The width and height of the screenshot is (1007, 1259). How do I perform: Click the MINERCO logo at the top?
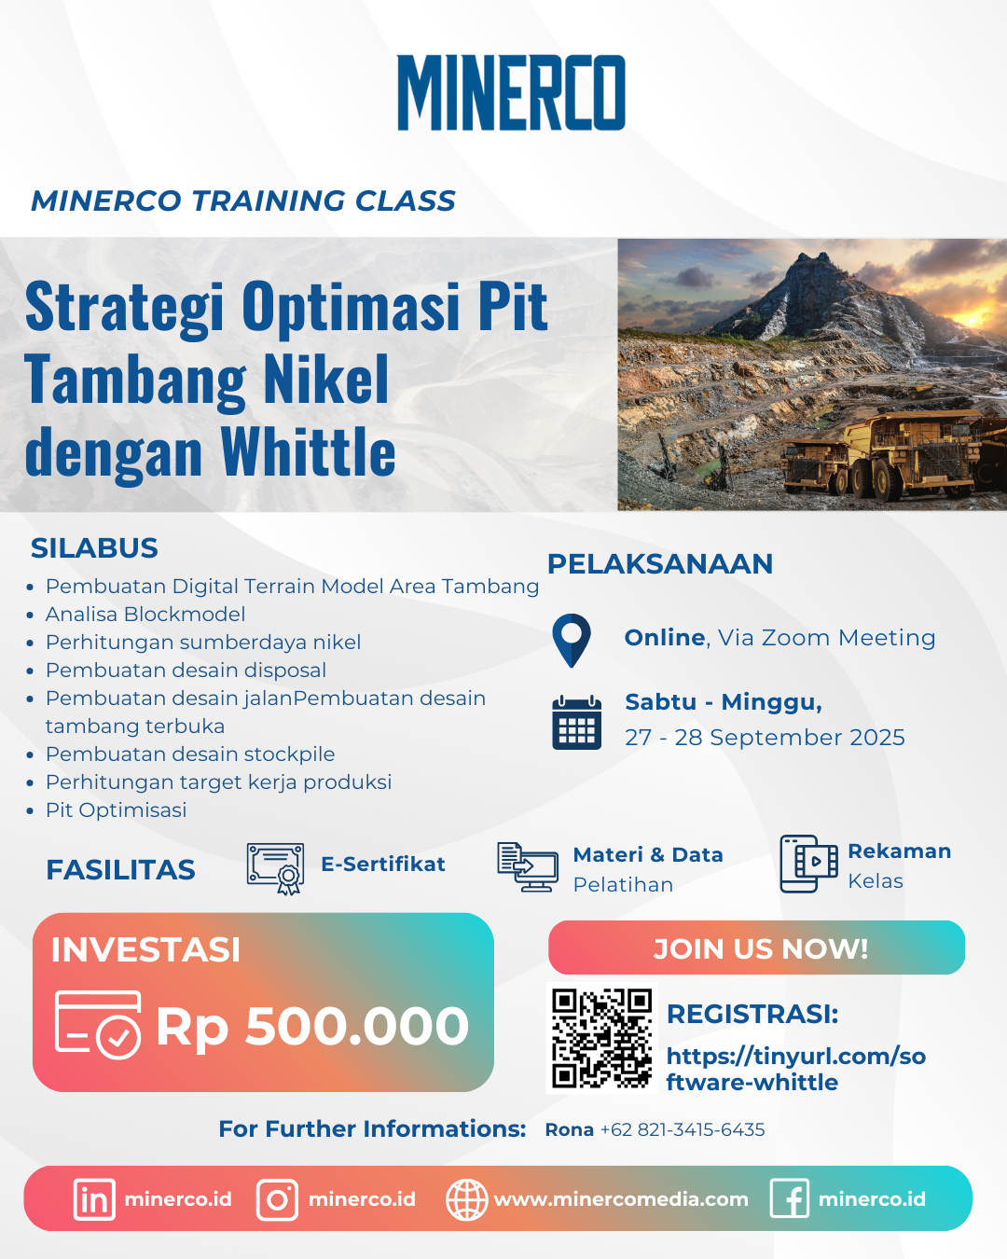pos(511,92)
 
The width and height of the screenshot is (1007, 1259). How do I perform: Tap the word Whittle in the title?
pos(309,451)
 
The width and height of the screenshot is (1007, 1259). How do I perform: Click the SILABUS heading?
pos(94,548)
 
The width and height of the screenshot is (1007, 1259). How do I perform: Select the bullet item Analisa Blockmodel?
pos(145,615)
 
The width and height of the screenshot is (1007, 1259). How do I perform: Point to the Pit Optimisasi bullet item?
pos(117,810)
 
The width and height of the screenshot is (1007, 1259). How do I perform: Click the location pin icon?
pos(571,640)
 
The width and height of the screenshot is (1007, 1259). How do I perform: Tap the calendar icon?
pos(577,723)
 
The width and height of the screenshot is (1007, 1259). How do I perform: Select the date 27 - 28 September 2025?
pos(765,738)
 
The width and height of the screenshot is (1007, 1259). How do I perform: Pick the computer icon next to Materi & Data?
pos(527,867)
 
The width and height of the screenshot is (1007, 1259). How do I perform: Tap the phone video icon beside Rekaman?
pos(808,864)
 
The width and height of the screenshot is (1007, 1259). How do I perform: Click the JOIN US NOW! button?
pos(756,948)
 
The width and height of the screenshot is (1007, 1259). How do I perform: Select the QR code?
pos(602,1038)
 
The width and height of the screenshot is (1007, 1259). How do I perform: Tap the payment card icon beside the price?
pos(98,1024)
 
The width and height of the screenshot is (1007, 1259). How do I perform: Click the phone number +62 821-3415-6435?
pos(683,1129)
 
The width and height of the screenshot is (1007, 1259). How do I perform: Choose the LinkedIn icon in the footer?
pos(94,1199)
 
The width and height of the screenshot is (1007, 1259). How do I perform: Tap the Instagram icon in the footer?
pos(277,1200)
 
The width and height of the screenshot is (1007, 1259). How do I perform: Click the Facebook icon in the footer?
pos(790,1198)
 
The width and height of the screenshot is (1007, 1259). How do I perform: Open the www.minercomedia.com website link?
pos(621,1199)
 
